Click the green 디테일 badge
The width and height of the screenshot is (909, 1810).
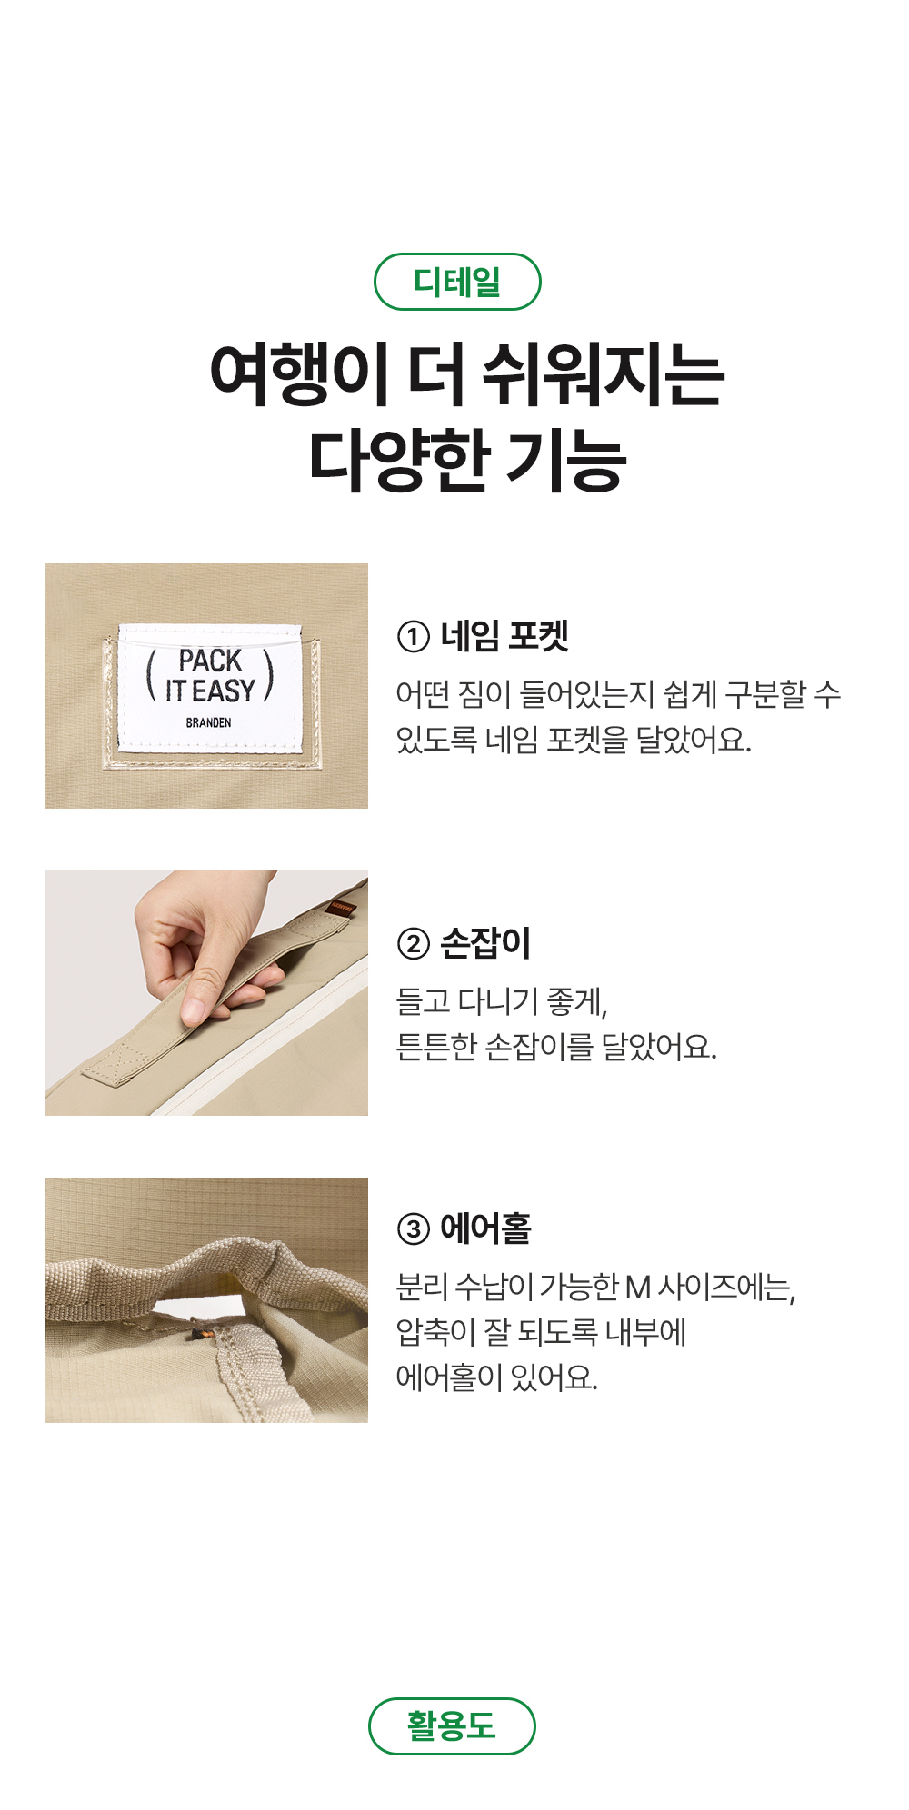pos(457,282)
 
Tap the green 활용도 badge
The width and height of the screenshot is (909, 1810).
pos(452,1725)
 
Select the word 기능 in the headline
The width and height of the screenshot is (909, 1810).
pos(565,460)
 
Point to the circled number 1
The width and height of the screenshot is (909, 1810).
pos(413,637)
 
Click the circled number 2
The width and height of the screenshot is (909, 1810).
pos(413,944)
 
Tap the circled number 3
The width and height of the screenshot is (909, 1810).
pos(413,1229)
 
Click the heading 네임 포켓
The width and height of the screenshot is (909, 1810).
pos(504,636)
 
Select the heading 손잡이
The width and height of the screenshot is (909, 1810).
pos(485,943)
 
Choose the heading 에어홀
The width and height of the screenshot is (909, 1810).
pos(485,1228)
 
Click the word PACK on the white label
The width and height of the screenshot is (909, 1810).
pos(210,661)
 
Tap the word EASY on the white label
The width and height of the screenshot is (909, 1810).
pos(224,691)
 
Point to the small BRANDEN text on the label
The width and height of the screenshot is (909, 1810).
pos(208,722)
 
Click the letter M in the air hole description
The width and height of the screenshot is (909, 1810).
pos(638,1288)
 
